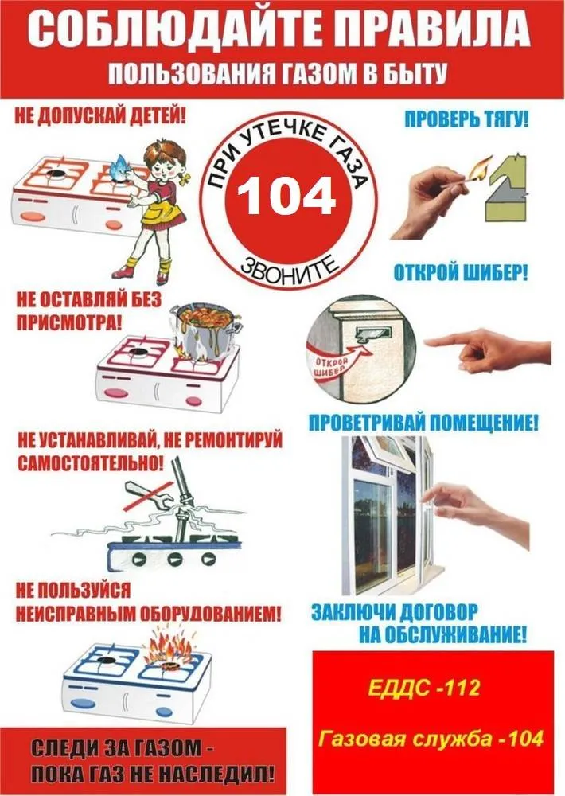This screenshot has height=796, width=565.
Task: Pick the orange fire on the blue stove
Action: click(x=170, y=648)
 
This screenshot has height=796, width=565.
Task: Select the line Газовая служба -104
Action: click(x=430, y=739)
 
